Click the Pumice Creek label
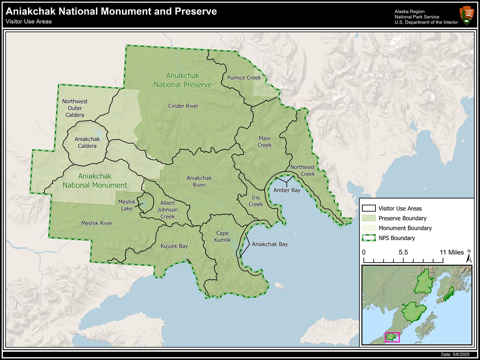point(244,77)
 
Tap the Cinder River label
point(183,106)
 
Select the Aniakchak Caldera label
point(87,142)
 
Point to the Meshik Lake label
point(127,205)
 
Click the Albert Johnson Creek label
point(167,210)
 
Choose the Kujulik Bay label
point(174,246)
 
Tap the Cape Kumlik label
point(222,236)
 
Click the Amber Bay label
point(287,190)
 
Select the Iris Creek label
point(256,201)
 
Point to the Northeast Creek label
point(303,170)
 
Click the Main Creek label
point(264,142)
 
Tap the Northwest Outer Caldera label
point(75,108)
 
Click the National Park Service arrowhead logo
point(466,15)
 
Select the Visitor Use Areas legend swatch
point(368,208)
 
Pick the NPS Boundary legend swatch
point(368,238)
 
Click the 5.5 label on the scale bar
point(403,252)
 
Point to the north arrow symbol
point(469,257)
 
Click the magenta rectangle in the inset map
point(392,337)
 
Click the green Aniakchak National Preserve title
point(183,80)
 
